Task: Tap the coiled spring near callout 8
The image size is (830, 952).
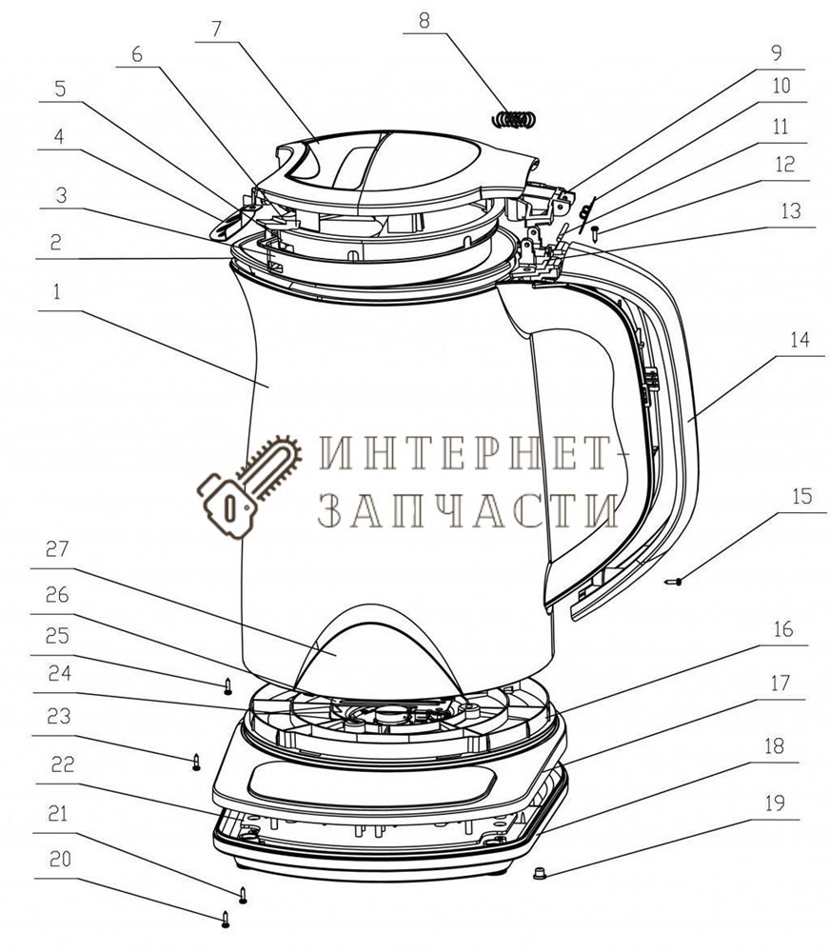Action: pos(515,119)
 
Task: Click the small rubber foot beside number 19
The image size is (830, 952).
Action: pos(538,871)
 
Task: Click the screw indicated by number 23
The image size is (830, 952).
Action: pos(197,762)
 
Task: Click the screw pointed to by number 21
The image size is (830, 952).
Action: pos(244,893)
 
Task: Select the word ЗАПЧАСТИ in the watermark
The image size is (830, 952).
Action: pos(465,512)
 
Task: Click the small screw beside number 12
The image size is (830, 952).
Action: pos(595,229)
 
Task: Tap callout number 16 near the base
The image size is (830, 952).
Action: pos(781,631)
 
